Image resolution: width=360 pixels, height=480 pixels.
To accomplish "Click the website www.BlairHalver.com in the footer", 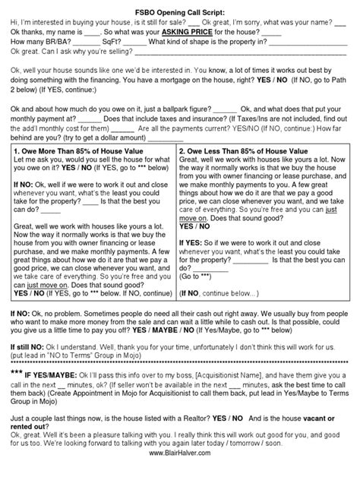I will pyautogui.click(x=180, y=473).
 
